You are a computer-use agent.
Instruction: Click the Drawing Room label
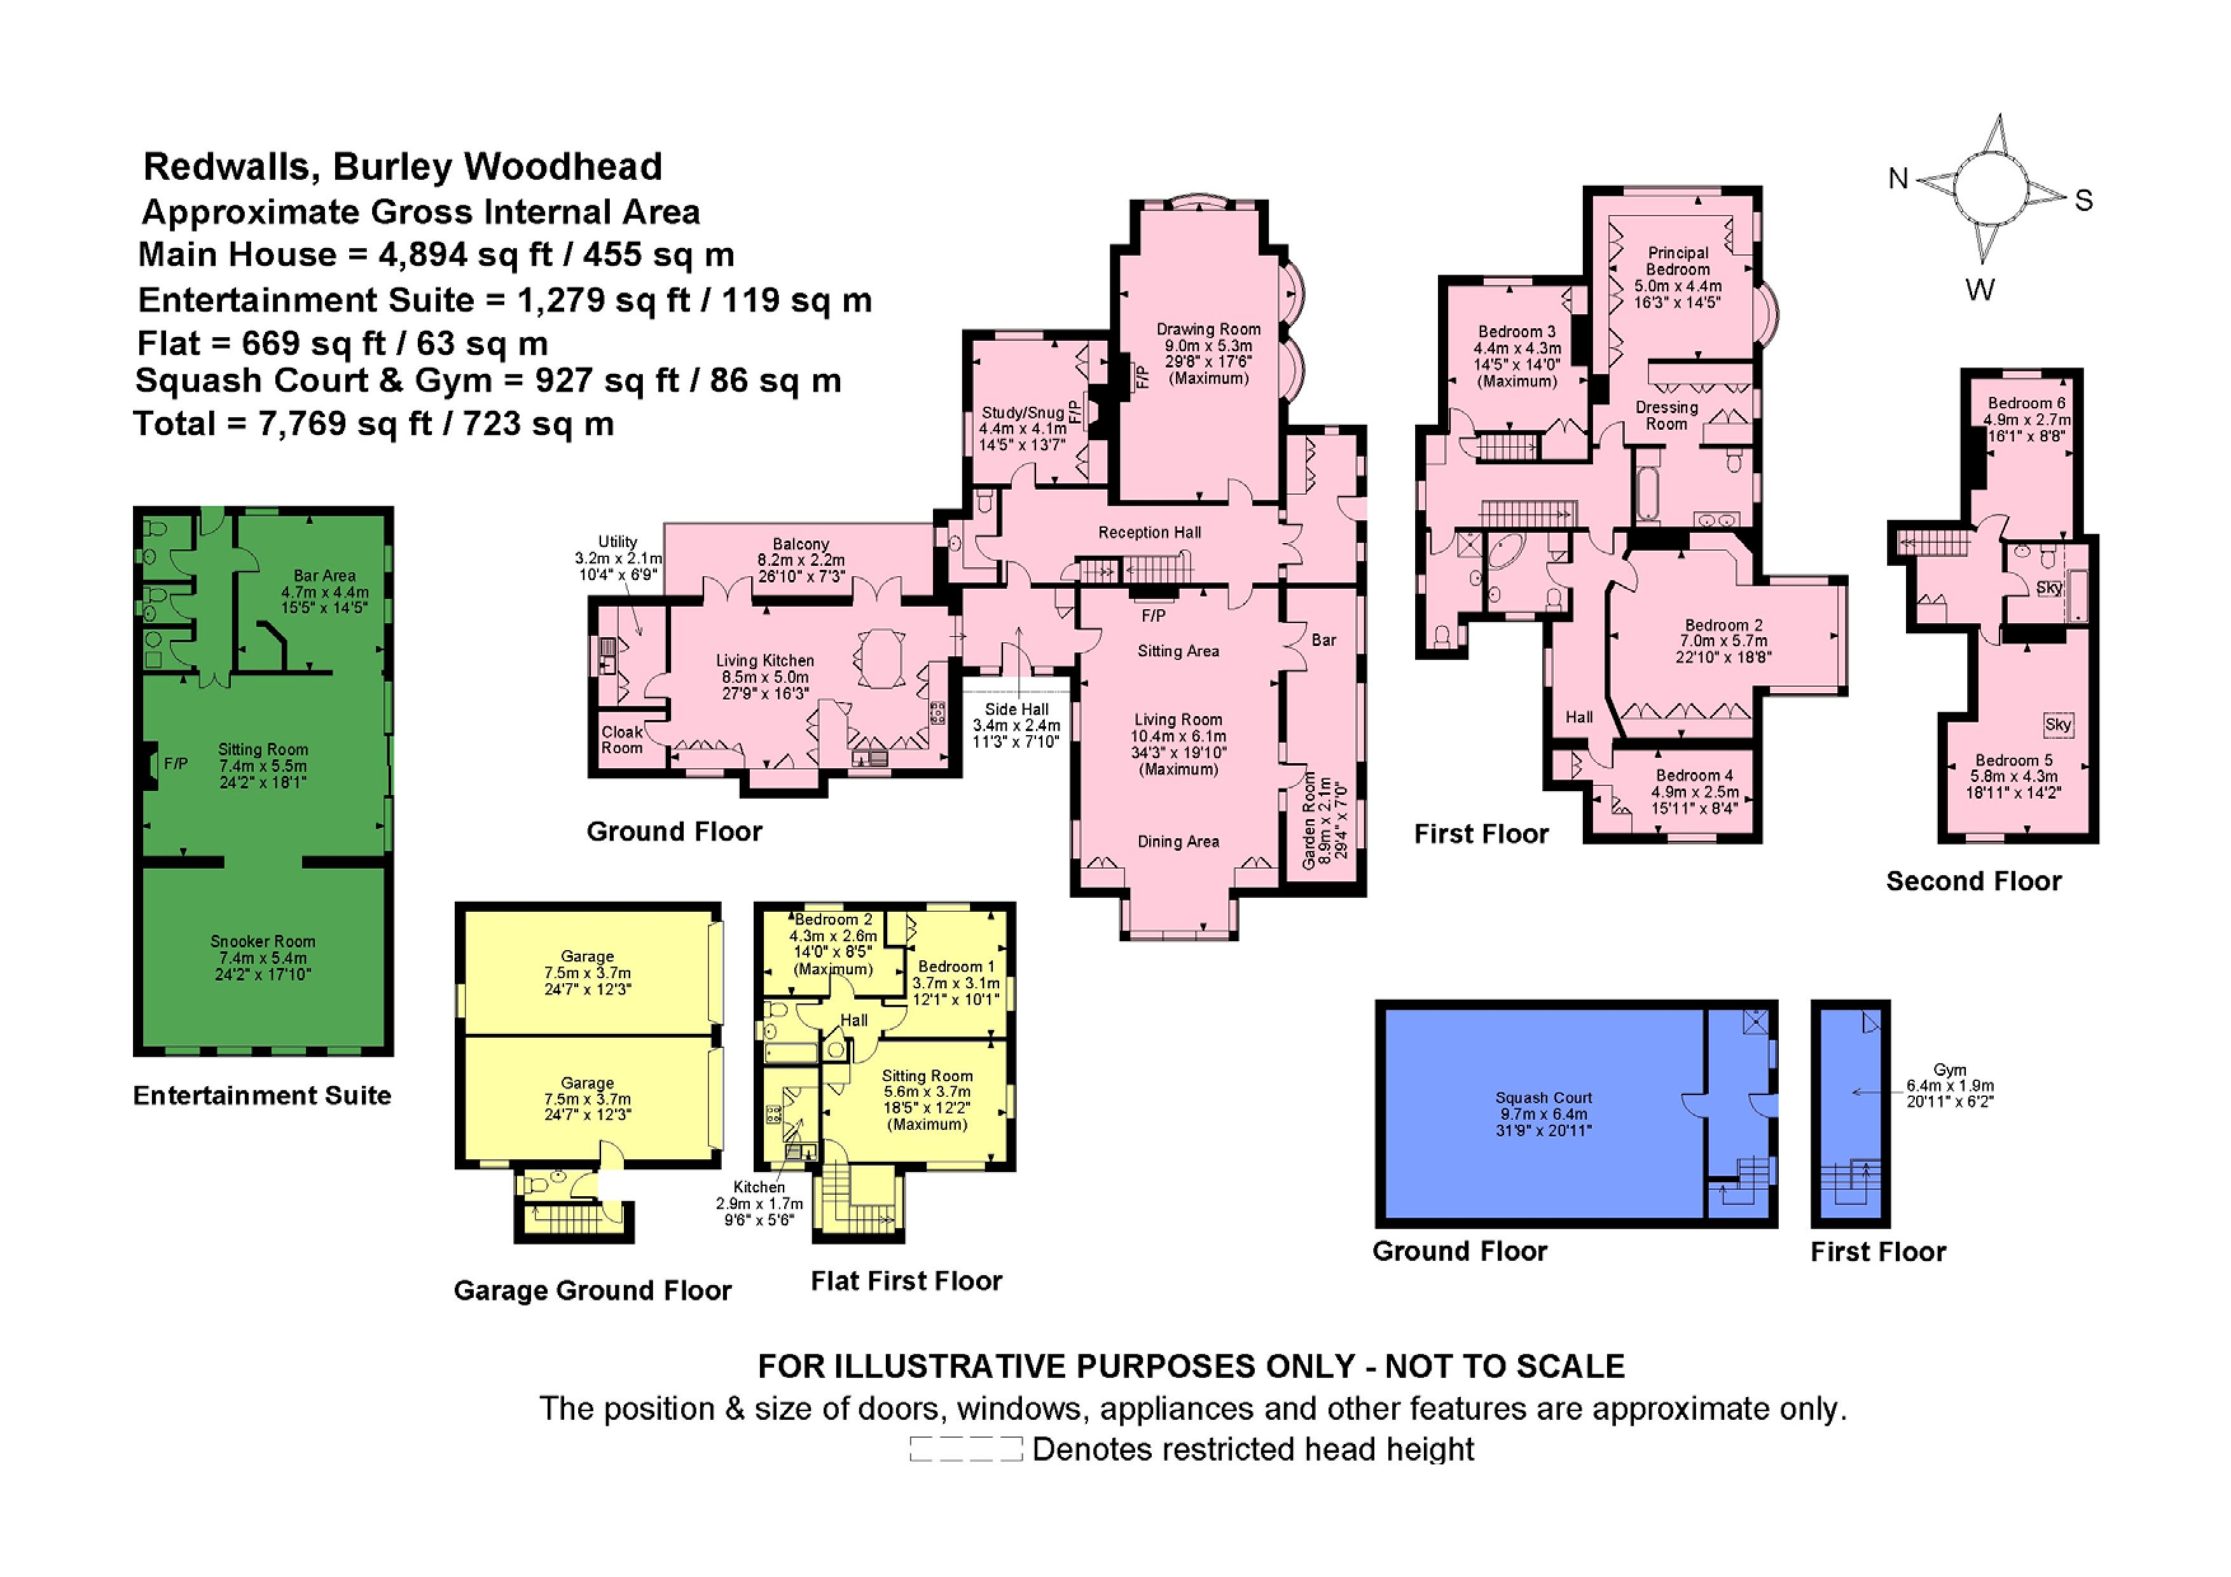[1208, 329]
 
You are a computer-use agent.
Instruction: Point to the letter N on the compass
[1898, 179]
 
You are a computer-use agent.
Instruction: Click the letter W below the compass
[1979, 289]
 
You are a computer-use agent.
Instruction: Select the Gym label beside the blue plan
[1949, 1070]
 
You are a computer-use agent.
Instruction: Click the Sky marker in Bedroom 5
[2057, 724]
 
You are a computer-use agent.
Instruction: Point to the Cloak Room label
[622, 740]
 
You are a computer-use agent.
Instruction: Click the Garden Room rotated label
[1310, 821]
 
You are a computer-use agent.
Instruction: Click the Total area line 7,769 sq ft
[373, 424]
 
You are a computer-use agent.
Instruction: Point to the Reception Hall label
[1149, 532]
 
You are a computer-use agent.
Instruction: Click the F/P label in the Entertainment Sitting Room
[175, 764]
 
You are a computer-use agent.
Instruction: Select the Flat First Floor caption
[906, 1281]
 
